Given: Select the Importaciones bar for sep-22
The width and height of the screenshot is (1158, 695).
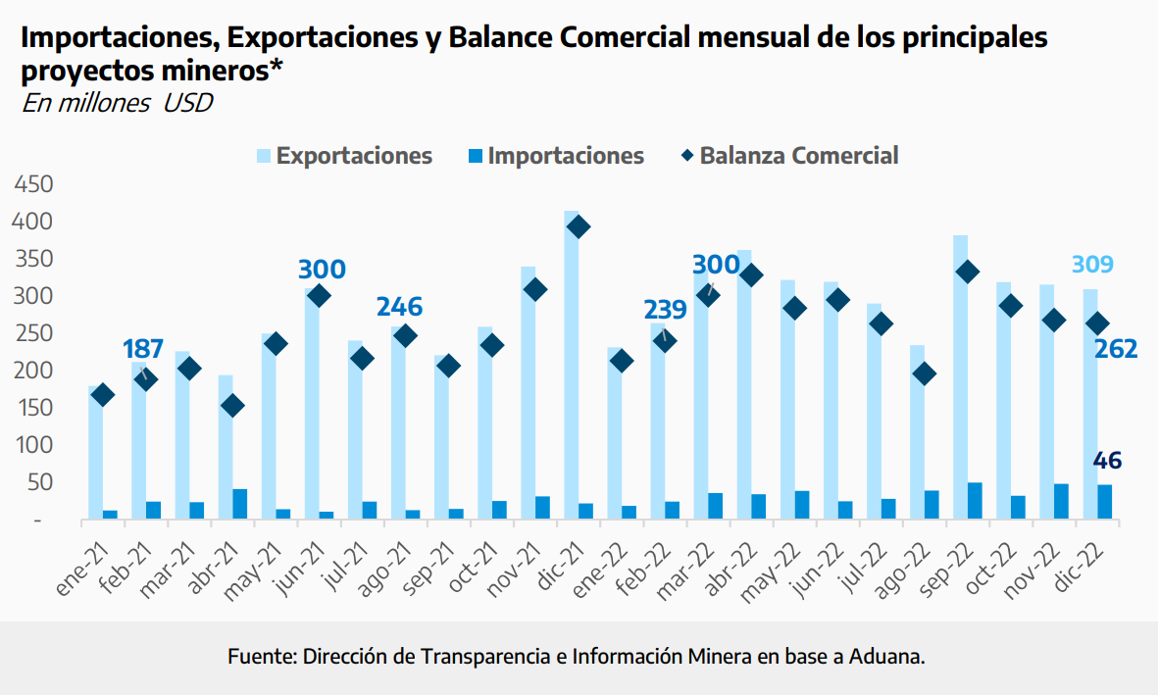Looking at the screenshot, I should [975, 501].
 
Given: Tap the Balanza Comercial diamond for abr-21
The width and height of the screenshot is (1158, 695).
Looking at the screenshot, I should [231, 406].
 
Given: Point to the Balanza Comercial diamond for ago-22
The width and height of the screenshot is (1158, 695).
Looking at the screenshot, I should [923, 373].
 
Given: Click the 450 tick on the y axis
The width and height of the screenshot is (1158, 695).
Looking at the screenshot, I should [33, 185].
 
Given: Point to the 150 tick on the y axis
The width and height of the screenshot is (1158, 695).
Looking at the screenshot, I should [33, 408].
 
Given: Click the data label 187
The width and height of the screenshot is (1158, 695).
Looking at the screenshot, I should [143, 349].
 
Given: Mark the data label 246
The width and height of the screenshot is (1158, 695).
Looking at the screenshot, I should [399, 307].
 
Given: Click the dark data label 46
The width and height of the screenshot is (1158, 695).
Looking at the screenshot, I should [1108, 461].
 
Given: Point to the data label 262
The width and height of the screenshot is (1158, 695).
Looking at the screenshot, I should [1116, 349].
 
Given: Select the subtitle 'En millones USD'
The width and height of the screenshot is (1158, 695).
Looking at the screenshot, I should [117, 103].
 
